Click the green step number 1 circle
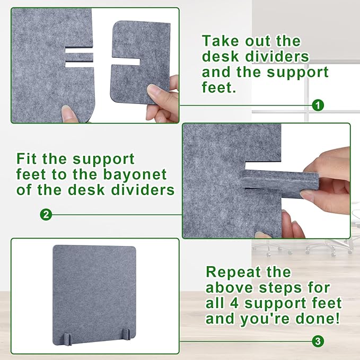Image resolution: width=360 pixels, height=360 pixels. (318, 106)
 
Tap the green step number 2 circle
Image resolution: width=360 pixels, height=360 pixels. (46, 215)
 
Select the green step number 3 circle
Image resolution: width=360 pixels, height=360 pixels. (318, 341)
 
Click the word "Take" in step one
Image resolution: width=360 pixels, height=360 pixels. (220, 41)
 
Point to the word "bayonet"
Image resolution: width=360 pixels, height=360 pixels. (135, 175)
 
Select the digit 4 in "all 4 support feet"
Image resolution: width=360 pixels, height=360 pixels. (234, 303)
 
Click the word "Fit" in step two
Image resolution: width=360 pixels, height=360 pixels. (27, 159)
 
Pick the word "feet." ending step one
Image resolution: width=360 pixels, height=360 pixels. (219, 87)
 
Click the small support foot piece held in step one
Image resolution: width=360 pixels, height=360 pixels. (141, 62)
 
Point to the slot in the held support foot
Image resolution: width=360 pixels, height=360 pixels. (126, 62)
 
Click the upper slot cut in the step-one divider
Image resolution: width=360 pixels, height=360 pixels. (79, 50)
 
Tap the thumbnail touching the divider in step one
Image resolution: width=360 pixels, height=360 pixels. (67, 113)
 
